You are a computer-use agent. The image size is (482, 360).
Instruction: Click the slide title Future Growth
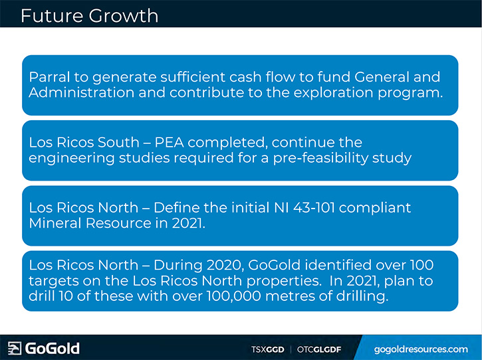[90, 16]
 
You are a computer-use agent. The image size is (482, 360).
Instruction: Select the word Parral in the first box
[49, 77]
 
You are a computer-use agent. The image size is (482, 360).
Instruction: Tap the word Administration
[82, 92]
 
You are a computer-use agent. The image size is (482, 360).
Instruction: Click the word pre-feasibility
[320, 158]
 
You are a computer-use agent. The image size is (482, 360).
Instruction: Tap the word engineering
[72, 158]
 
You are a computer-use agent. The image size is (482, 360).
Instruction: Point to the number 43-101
[314, 208]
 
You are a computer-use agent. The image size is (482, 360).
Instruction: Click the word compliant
[375, 209]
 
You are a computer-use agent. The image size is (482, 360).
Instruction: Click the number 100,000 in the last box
[233, 296]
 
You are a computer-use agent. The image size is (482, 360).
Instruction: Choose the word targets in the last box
[56, 281]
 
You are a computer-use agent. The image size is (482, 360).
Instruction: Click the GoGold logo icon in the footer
[15, 348]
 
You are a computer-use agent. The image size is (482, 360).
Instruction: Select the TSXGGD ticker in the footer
[267, 349]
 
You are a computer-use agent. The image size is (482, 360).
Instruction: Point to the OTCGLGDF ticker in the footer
[319, 349]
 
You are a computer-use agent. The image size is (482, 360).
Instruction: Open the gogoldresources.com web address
[421, 349]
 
